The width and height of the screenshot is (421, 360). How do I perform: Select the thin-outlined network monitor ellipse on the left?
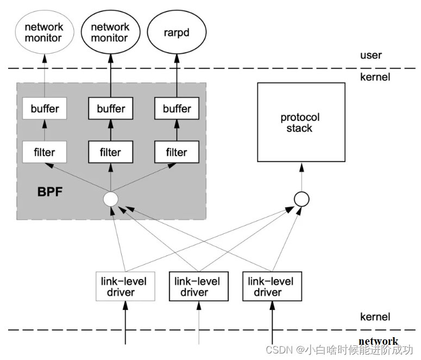click(44, 32)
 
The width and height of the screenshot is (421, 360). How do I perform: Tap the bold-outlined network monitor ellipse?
click(110, 32)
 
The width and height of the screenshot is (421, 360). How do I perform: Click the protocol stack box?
click(300, 122)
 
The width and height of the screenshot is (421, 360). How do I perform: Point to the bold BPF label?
click(51, 191)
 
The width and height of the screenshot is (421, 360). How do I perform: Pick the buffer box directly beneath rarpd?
click(177, 109)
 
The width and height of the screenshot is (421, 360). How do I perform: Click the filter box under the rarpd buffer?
click(177, 152)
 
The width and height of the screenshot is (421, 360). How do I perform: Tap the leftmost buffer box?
click(44, 109)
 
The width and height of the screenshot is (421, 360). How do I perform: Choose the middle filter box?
click(110, 152)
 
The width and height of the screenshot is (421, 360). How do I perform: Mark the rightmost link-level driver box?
click(272, 287)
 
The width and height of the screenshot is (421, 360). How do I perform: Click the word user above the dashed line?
click(371, 55)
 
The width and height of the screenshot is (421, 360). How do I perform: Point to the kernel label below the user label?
click(375, 77)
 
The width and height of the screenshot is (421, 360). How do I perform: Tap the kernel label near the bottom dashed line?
click(375, 317)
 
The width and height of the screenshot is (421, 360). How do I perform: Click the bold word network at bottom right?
click(378, 342)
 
